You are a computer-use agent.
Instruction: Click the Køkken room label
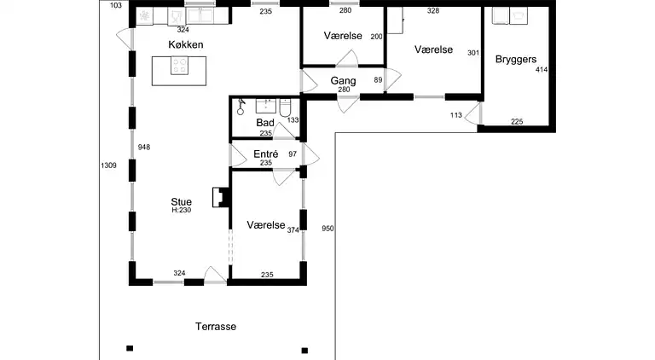point(186,44)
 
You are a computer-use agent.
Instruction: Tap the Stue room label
point(182,202)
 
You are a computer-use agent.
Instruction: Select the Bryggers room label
point(516,60)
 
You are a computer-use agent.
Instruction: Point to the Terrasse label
point(216,327)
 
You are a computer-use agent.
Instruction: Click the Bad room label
point(265,123)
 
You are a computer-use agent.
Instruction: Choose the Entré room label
point(266,154)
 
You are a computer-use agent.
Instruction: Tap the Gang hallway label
point(344,81)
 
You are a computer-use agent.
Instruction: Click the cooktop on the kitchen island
point(180,66)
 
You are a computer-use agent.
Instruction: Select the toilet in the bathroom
point(286,107)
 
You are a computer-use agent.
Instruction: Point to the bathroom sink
point(266,106)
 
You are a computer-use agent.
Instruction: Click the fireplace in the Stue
point(222,197)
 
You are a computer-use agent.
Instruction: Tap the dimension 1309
point(108,165)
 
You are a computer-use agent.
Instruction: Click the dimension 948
point(144,147)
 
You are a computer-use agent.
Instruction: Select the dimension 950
point(327,229)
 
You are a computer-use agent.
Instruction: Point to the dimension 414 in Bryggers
point(542,70)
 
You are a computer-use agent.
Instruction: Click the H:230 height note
point(182,210)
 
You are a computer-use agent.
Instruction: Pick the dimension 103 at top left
point(116,5)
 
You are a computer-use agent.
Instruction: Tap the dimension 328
point(433,11)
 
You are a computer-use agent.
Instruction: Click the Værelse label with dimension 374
point(266,225)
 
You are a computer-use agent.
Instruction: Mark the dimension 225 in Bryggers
point(517,121)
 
